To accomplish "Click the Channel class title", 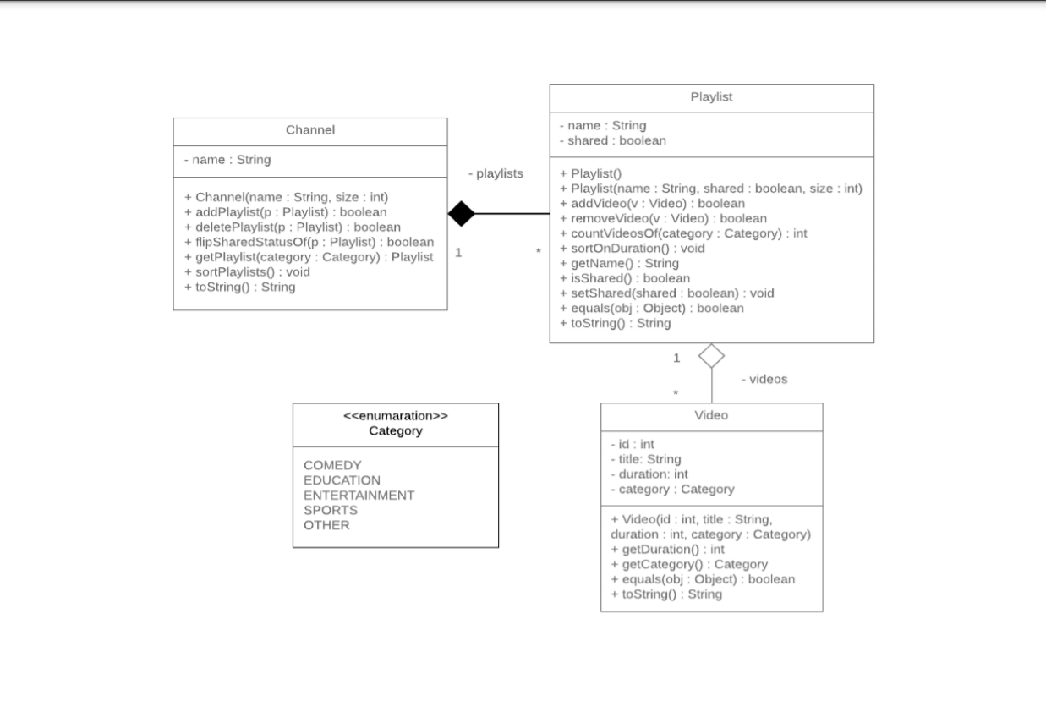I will point(309,130).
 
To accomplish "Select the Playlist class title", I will point(711,97).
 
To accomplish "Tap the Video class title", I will point(711,415).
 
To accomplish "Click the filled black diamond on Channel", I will point(461,214).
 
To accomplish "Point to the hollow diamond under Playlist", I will point(711,356).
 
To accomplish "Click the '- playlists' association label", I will point(496,173).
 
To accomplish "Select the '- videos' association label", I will point(764,379).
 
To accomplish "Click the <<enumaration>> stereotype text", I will point(395,416).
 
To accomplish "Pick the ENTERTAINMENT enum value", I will point(359,496).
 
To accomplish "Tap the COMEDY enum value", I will point(332,465).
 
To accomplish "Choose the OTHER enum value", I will point(326,525).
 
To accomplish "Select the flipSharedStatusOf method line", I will point(309,242).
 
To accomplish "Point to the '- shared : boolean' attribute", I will point(612,141).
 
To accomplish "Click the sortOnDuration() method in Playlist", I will point(627,249).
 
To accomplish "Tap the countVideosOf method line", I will point(683,233).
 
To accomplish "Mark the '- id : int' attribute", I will point(632,444).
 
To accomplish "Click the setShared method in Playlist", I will point(666,293).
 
